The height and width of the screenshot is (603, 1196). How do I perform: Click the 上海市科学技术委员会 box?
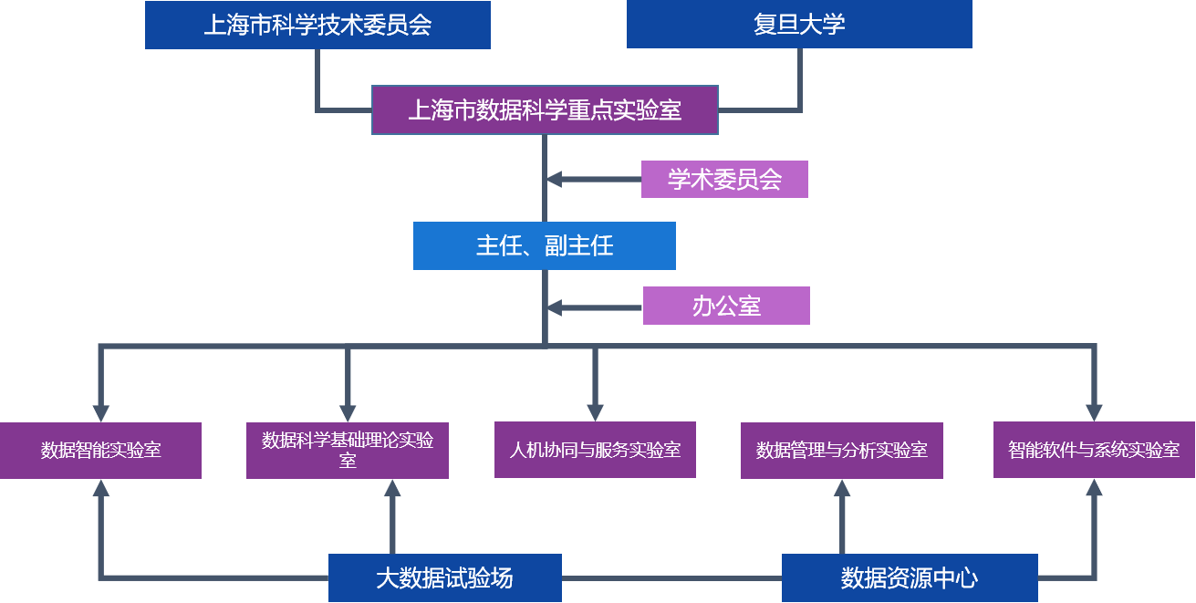point(317,25)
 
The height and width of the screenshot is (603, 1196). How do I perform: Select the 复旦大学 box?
point(799,25)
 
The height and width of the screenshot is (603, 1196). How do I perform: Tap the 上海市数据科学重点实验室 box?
point(545,110)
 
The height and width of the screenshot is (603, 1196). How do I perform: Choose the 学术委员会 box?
point(724,180)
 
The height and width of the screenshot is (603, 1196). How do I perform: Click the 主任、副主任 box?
point(545,245)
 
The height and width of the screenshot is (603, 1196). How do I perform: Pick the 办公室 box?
point(726,306)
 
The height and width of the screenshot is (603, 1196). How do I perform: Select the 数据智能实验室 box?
point(100,450)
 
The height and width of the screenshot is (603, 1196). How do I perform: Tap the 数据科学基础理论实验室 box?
point(348,450)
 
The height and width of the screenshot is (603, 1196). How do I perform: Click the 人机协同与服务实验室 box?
point(595,450)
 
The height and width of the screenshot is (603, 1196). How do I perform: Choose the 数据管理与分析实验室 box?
point(842,450)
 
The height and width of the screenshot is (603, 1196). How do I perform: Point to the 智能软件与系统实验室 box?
point(1094,450)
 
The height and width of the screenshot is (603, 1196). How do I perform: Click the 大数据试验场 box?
point(444,577)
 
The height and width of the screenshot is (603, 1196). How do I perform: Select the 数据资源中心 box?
point(910,577)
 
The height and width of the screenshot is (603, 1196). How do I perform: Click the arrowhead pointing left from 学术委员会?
point(555,180)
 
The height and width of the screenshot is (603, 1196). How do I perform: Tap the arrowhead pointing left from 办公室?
point(555,307)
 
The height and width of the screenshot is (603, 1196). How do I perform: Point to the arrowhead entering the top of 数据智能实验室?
point(100,412)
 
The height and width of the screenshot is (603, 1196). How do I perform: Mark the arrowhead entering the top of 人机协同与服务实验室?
point(595,412)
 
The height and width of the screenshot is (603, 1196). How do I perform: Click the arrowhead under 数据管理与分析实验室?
point(842,488)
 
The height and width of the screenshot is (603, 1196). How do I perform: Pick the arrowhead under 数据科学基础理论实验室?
point(392,488)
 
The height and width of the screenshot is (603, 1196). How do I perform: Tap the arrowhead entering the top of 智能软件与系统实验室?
point(1094,412)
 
